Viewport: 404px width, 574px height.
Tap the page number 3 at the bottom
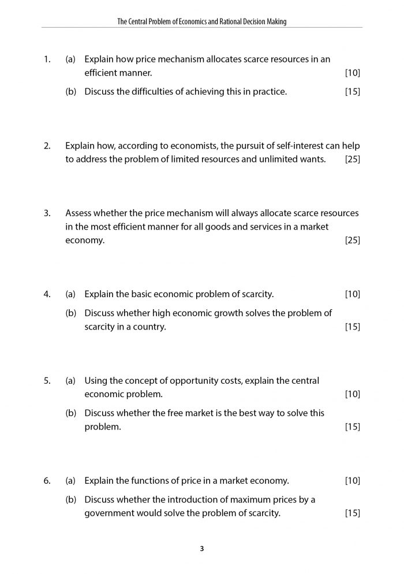tap(202, 549)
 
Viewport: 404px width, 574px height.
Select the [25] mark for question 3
tap(352, 240)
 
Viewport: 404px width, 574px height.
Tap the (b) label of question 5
tap(71, 413)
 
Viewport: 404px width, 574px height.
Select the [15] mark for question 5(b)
tap(352, 427)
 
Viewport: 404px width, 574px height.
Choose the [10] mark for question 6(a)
tap(352, 480)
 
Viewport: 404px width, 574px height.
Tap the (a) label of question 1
tap(71, 60)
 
